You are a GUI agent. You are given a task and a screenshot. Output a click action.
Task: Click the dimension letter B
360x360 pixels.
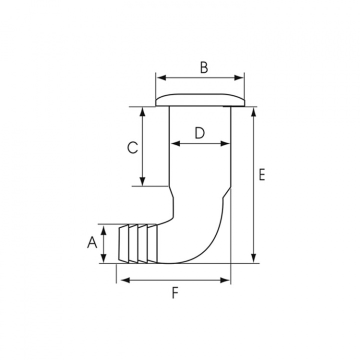[203, 68]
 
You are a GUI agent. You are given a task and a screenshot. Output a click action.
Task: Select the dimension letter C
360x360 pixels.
[131, 148]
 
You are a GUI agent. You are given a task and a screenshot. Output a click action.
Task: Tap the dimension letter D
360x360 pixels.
[199, 133]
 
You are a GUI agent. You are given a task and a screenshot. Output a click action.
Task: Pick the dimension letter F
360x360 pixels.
[175, 293]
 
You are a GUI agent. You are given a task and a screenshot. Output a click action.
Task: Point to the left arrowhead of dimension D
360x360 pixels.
[174, 143]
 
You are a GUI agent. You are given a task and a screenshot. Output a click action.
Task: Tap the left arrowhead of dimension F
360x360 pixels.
[120, 280]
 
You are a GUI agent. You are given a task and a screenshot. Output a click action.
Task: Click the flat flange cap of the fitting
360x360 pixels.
[200, 99]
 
